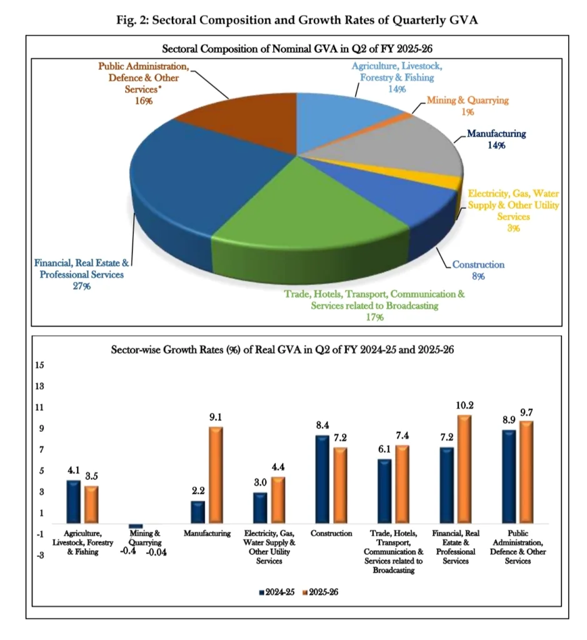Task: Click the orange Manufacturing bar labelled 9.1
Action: tap(216, 475)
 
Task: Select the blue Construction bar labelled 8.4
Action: tap(322, 479)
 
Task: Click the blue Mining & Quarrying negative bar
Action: tap(136, 526)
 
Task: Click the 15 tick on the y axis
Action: tap(38, 365)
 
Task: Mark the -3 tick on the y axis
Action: tap(38, 555)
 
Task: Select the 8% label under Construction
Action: tap(478, 276)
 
